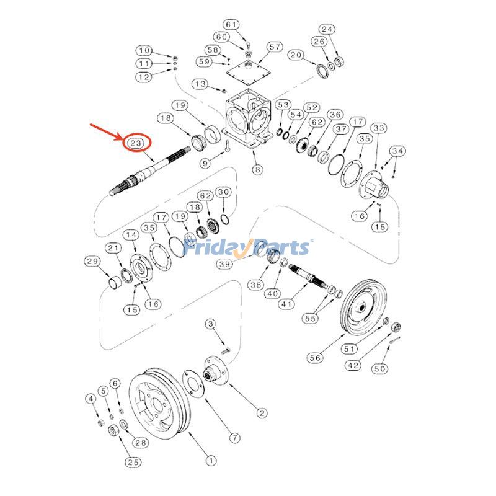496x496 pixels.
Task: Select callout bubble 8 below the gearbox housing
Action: point(256,169)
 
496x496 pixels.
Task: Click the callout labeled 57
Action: point(275,47)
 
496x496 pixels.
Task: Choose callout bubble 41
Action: point(286,304)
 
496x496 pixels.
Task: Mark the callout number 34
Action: point(397,151)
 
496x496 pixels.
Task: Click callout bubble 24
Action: point(327,29)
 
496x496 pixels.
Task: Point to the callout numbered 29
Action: point(92,261)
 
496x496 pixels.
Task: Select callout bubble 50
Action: point(380,369)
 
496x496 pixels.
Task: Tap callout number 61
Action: point(231,25)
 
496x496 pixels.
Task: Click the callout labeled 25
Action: point(132,461)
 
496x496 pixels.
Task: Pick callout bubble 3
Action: point(211,324)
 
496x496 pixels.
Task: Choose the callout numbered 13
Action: point(200,83)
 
